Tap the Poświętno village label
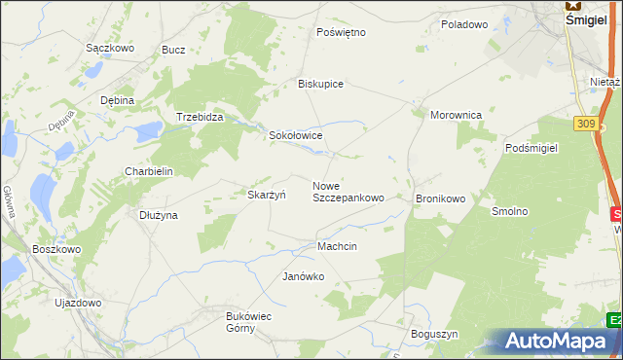click(341, 32)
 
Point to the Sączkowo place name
click(109, 48)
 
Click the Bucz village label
click(173, 50)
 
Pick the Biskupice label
click(320, 84)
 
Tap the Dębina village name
click(117, 100)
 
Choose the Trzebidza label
click(200, 117)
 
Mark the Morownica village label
click(456, 115)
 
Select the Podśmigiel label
click(531, 147)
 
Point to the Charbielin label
click(148, 171)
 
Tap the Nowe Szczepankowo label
click(348, 192)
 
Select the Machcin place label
click(337, 246)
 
